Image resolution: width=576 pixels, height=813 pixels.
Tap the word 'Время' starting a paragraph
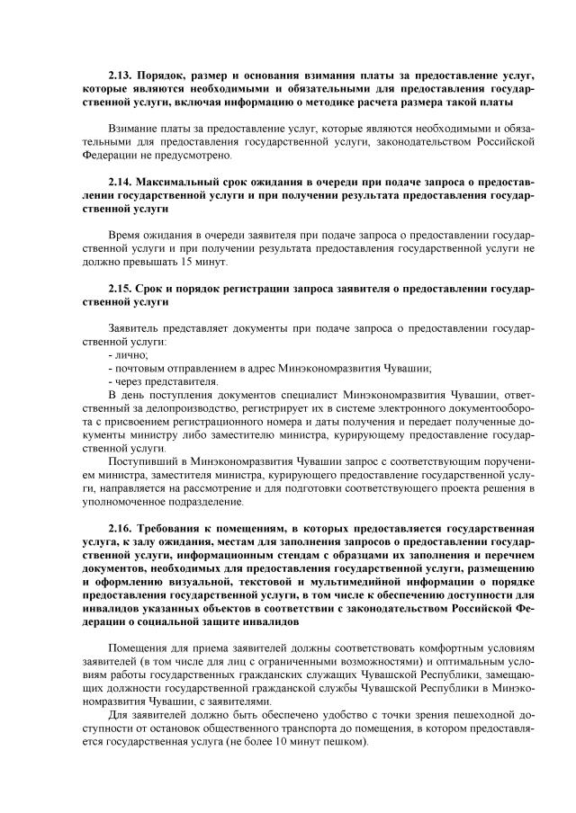pyautogui.click(x=125, y=235)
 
